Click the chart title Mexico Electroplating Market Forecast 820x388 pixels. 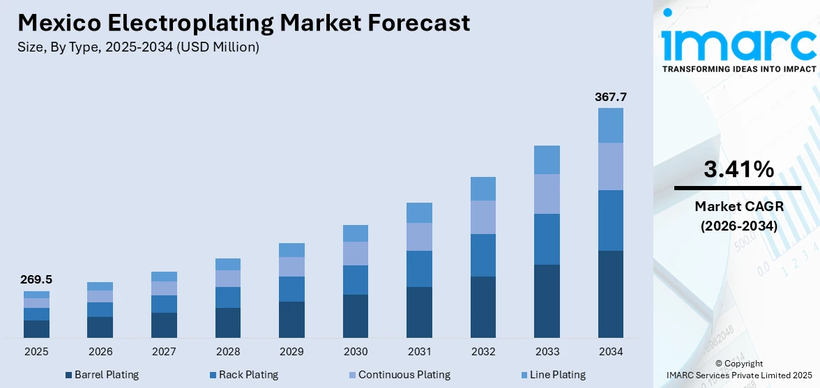(x=243, y=23)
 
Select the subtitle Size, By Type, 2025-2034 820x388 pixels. (x=138, y=47)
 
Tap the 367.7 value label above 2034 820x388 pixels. (x=610, y=97)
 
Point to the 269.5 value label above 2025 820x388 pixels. (x=36, y=280)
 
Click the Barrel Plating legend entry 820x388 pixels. (x=102, y=375)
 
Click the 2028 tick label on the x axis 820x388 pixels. (x=228, y=352)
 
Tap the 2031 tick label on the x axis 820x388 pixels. (x=419, y=352)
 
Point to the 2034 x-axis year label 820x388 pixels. (x=610, y=352)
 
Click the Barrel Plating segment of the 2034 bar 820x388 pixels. (x=610, y=294)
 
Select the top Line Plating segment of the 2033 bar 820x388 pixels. (x=547, y=160)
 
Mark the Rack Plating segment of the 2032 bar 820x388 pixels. (x=483, y=255)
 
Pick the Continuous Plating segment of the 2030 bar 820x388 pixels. (x=356, y=254)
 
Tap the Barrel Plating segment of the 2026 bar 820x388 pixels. (x=100, y=327)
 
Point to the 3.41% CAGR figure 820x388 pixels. (x=738, y=169)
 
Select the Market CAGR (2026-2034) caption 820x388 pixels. (x=738, y=216)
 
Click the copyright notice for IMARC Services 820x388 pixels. (x=738, y=369)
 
